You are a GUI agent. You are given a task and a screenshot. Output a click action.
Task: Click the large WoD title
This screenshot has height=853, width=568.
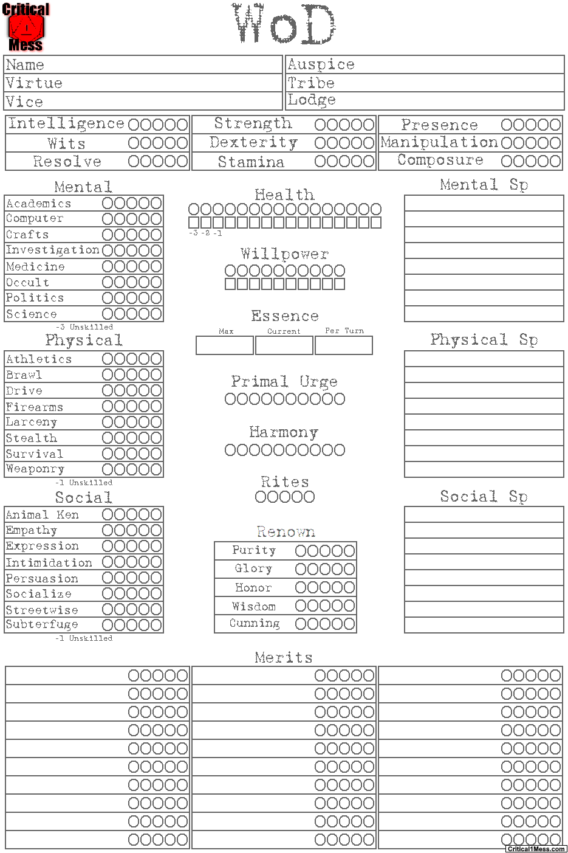coord(284,24)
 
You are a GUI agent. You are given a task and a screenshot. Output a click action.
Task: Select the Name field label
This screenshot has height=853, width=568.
coord(25,65)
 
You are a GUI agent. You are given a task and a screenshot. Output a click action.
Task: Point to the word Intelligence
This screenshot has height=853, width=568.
coord(66,124)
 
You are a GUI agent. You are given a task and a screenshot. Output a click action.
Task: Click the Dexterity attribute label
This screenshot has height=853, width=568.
coord(253,143)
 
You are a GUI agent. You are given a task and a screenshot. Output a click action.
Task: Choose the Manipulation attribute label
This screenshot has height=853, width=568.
coord(439,142)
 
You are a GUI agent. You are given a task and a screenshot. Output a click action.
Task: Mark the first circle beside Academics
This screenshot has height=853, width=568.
coord(108,203)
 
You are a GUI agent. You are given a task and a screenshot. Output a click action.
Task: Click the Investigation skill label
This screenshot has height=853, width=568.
coord(52,250)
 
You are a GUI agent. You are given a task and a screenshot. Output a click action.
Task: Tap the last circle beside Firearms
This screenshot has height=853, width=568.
coord(156,407)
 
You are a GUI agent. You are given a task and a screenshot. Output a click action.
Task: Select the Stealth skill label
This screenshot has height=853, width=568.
coord(31,438)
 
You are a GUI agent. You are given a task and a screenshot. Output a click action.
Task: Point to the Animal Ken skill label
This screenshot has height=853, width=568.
coord(42,515)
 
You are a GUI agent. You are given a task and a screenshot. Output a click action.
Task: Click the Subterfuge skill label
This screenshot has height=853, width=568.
coord(42,624)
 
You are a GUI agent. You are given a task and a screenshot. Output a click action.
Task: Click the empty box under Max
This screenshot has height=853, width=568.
coord(224,345)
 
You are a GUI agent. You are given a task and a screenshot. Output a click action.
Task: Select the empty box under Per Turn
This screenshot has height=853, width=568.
coord(343,345)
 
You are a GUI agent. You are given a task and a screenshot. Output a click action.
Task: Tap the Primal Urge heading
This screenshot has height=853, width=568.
coord(284,382)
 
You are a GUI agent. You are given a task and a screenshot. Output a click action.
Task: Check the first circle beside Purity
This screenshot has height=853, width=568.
coord(301,551)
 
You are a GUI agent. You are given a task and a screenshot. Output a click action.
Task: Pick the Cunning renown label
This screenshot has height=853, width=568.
coord(255,624)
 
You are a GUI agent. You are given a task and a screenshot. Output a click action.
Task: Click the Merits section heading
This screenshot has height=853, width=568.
coord(284,657)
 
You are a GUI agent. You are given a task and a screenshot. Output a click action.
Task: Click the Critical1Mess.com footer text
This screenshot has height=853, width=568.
coord(536,849)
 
